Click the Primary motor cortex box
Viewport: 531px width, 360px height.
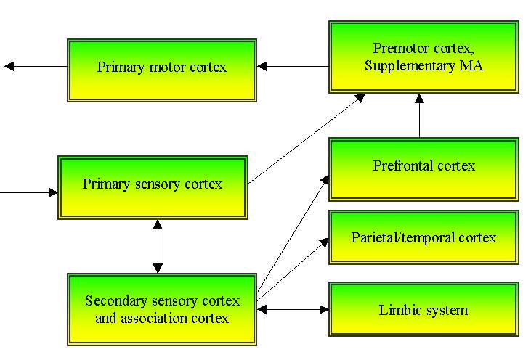[161, 70]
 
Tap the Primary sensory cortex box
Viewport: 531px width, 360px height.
[153, 187]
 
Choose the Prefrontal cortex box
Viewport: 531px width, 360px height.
[423, 168]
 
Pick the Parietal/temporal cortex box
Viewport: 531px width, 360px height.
[423, 237]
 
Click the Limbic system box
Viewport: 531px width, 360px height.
[423, 310]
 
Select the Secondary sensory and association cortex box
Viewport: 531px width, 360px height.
[161, 309]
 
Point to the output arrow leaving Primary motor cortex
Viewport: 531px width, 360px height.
[36, 67]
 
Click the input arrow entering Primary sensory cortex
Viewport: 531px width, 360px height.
[29, 192]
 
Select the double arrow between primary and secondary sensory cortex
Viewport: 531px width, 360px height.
[158, 246]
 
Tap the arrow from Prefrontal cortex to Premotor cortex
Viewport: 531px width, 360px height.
[419, 116]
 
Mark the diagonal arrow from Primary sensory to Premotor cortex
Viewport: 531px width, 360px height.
[305, 139]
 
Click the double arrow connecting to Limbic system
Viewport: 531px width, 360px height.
[293, 310]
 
